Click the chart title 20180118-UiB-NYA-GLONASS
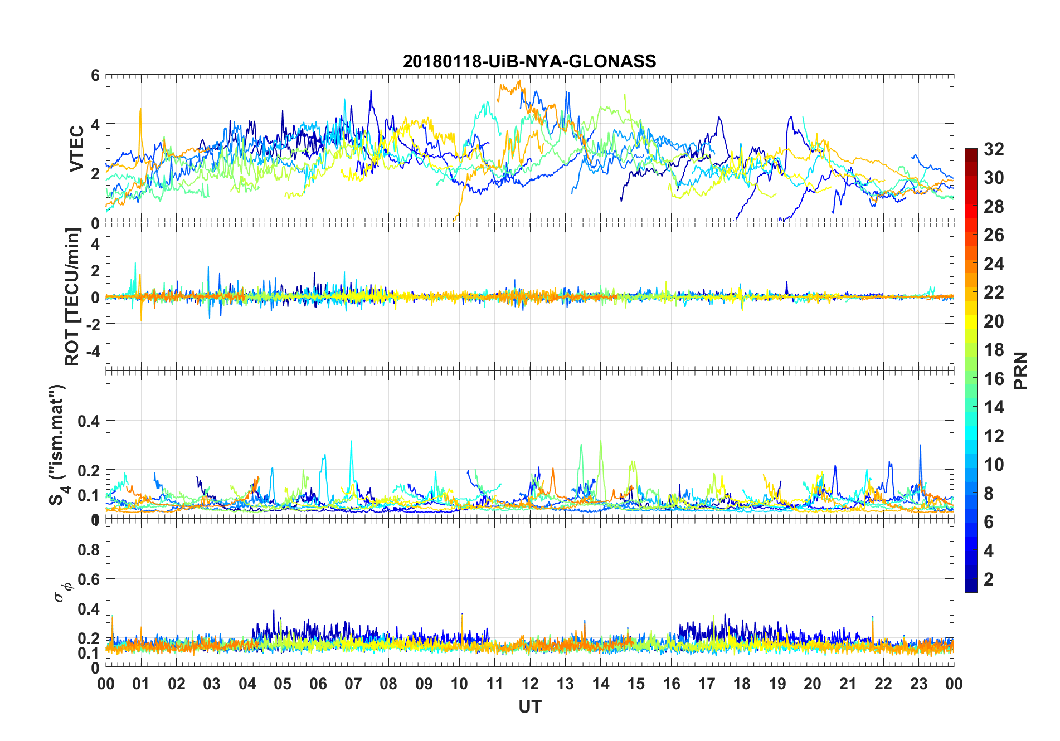pyautogui.click(x=529, y=61)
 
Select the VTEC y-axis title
pyautogui.click(x=76, y=148)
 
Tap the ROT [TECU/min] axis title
pyautogui.click(x=72, y=296)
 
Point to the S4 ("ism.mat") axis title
pyautogui.click(x=58, y=445)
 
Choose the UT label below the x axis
pyautogui.click(x=529, y=706)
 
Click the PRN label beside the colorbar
pyautogui.click(x=1020, y=370)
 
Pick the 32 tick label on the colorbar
pyautogui.click(x=994, y=149)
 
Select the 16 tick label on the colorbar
pyautogui.click(x=994, y=379)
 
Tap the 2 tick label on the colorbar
pyautogui.click(x=989, y=579)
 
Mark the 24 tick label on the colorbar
pyautogui.click(x=994, y=264)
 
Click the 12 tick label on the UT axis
pyautogui.click(x=529, y=684)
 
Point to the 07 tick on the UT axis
pyautogui.click(x=353, y=684)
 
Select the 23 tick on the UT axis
pyautogui.click(x=918, y=684)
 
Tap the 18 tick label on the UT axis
pyautogui.click(x=742, y=684)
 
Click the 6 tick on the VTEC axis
pyautogui.click(x=95, y=75)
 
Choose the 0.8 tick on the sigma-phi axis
pyautogui.click(x=89, y=549)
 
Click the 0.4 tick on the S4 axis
pyautogui.click(x=89, y=421)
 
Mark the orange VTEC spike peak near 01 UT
pyautogui.click(x=140, y=109)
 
